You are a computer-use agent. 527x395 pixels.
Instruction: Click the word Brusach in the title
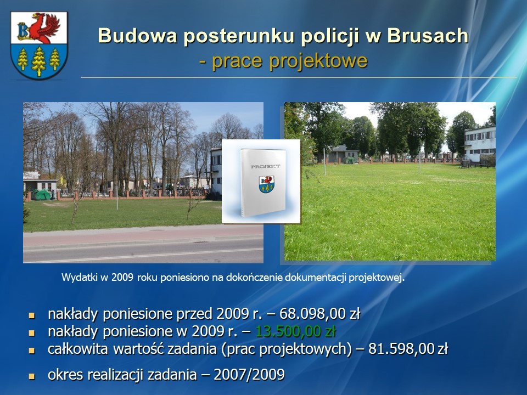tap(428, 36)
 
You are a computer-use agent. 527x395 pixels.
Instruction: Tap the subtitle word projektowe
tap(318, 61)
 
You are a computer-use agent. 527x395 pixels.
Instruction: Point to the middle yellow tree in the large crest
tap(38, 61)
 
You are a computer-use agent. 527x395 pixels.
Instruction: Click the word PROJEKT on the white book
tap(265, 166)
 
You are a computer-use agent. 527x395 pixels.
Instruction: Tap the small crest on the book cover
tap(267, 184)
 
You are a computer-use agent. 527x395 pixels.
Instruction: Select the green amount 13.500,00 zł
tap(296, 331)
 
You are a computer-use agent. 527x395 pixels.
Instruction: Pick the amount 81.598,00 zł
tap(408, 349)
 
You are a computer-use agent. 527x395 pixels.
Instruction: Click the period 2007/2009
tap(249, 374)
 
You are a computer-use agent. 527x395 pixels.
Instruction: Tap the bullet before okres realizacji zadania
tap(32, 376)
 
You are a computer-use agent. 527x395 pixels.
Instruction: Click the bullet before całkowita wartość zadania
tap(32, 351)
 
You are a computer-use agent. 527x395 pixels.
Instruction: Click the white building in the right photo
tap(480, 144)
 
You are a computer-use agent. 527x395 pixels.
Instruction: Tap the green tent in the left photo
tap(41, 195)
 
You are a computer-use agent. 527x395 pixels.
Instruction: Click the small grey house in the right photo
tap(342, 154)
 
